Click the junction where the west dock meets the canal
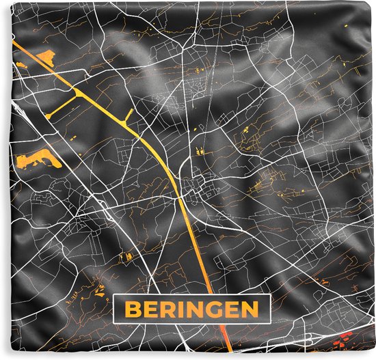click(77, 91)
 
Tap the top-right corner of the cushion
click(373, 3)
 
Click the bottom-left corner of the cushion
click(2, 357)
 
